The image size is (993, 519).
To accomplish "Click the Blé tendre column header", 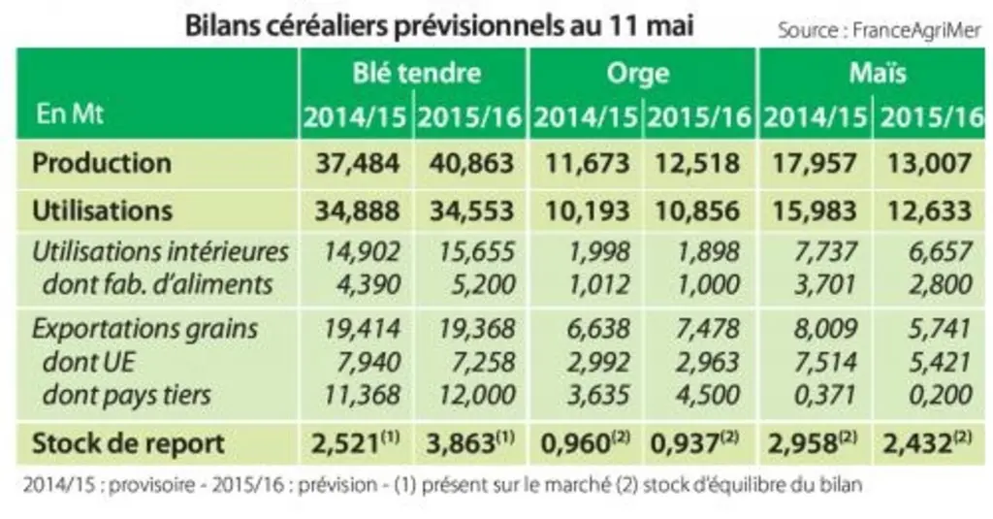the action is point(417,73).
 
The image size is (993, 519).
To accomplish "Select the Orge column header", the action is point(638,74).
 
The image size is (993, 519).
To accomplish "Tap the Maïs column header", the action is point(877,73).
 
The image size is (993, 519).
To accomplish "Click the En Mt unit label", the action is point(70,114).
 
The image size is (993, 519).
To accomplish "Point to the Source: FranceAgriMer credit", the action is point(879,30).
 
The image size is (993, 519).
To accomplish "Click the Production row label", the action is point(102,163).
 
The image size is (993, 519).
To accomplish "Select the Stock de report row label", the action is point(129,443).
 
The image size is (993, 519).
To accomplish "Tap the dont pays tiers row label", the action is point(127,395).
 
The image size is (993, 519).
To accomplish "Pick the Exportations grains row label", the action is point(145,329).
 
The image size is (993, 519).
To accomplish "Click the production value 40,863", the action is point(471,164).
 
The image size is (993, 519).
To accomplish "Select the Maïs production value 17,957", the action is point(815,164).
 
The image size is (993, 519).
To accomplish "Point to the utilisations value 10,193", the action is point(587,211).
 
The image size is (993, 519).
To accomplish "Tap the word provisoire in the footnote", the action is point(151,485).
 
